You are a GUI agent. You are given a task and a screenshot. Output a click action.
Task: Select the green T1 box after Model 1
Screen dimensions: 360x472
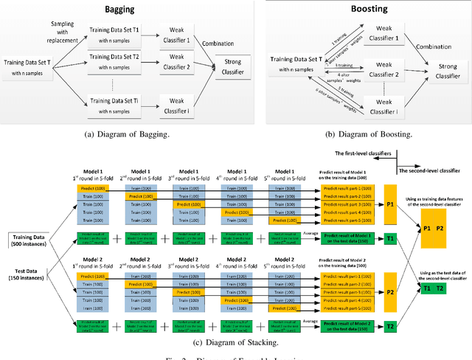pos(390,238)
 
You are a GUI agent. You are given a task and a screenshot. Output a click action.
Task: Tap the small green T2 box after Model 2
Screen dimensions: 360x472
pos(390,323)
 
